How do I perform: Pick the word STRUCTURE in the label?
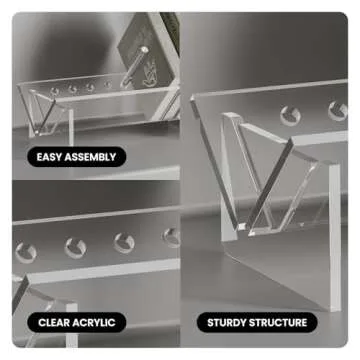point(278,323)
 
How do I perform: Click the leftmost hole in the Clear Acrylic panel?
point(26,253)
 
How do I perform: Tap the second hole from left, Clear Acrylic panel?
point(75,248)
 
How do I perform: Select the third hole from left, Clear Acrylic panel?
point(124,243)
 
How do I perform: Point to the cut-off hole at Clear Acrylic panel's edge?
point(172,237)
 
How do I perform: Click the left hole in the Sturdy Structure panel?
point(290,116)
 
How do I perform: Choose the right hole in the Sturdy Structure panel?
point(338,111)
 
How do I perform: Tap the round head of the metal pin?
point(144,50)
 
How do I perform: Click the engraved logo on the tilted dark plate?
point(149,74)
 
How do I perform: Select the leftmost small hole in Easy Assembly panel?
point(54,91)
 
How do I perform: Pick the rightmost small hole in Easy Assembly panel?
point(108,84)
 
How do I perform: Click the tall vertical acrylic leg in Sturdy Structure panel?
point(335,237)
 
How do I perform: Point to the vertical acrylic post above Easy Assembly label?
point(70,128)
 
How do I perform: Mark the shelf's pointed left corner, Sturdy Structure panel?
point(192,98)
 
